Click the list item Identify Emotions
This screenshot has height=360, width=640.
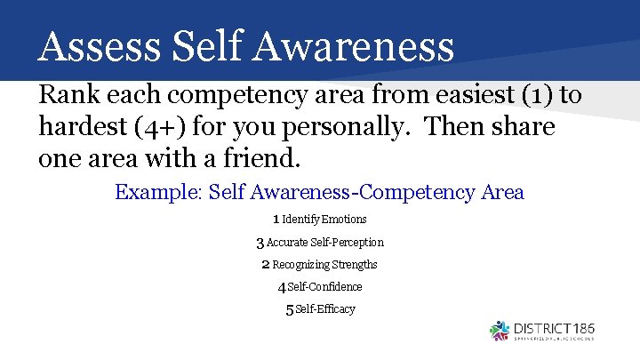tap(324, 219)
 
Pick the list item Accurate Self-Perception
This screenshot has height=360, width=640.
tap(325, 242)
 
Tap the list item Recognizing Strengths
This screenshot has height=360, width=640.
tap(324, 264)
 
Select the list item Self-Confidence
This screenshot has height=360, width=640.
tap(324, 286)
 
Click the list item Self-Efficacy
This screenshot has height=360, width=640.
tap(325, 308)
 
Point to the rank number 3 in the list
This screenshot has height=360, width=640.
tap(260, 243)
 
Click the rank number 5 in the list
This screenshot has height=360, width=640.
tap(289, 309)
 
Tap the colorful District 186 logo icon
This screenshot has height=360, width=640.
tap(500, 331)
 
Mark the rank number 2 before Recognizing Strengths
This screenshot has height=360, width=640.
tap(265, 264)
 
